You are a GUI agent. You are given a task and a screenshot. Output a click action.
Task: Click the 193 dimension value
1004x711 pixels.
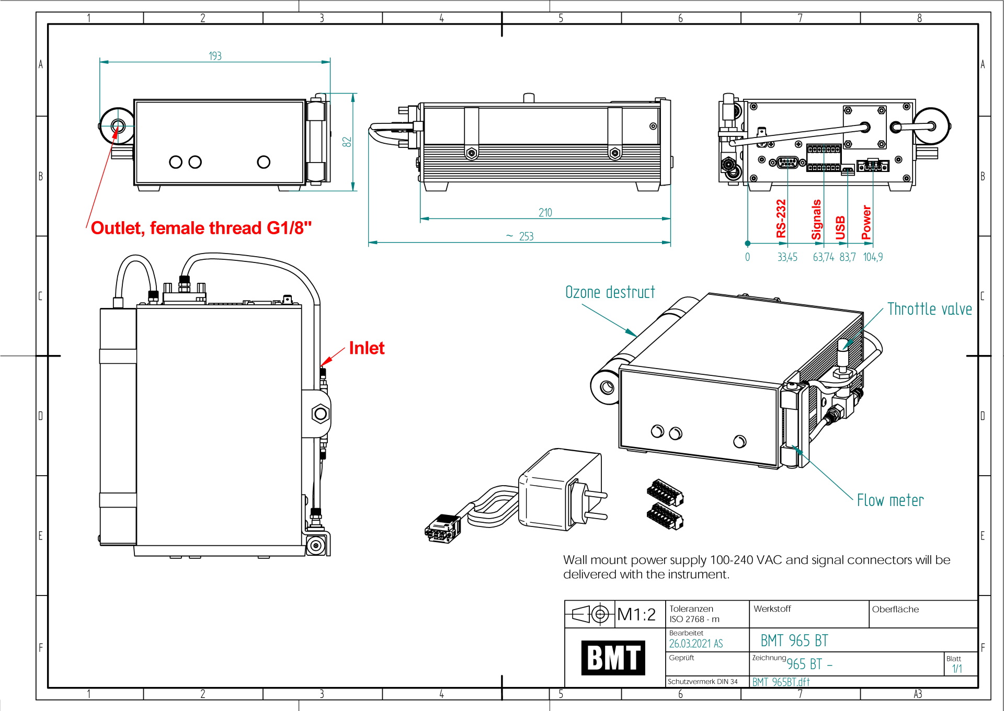(x=215, y=56)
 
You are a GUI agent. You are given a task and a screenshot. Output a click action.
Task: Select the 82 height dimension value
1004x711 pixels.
(x=347, y=142)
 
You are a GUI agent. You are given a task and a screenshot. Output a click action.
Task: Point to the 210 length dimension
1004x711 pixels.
(x=545, y=212)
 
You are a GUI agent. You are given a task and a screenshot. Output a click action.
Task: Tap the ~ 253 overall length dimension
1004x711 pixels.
(x=520, y=236)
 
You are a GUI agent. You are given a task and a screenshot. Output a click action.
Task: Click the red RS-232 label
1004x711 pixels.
(x=781, y=219)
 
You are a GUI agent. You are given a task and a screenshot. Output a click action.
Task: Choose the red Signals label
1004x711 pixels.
(x=816, y=220)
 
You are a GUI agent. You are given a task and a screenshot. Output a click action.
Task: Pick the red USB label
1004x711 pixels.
(x=840, y=227)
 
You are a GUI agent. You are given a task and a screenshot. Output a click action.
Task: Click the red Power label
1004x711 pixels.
(x=866, y=222)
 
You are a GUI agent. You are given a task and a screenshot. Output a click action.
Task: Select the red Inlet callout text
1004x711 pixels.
(x=367, y=348)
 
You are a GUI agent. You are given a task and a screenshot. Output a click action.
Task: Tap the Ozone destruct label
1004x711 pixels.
(x=610, y=292)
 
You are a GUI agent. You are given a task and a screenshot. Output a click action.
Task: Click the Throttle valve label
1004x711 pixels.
(x=929, y=309)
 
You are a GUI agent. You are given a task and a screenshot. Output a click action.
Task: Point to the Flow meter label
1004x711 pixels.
(x=890, y=500)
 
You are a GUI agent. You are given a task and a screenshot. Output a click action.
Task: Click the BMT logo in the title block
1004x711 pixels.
(x=613, y=657)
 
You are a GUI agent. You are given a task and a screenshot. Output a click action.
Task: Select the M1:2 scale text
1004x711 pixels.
(x=636, y=614)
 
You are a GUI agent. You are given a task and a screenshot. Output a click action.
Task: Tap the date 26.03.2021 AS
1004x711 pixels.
(x=695, y=644)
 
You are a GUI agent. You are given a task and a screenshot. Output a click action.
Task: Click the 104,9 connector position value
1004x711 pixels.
(x=873, y=257)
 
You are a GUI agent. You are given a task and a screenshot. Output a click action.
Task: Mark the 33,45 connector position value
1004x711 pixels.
(x=787, y=257)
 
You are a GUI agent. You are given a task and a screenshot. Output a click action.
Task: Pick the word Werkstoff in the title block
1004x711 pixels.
(x=772, y=609)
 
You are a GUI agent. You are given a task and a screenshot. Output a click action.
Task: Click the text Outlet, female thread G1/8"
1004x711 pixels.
(x=201, y=228)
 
